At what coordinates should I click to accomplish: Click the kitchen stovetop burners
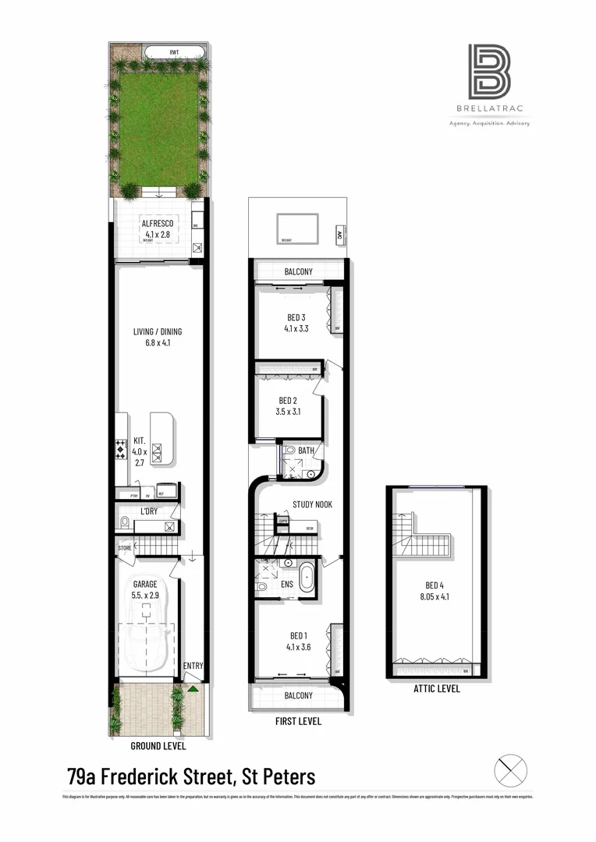(121, 450)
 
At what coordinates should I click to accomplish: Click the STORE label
(125, 547)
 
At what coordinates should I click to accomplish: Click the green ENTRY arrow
(192, 688)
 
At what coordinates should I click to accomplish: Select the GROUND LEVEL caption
(158, 746)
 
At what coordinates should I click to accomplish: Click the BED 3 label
(295, 317)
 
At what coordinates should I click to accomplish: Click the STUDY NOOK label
(312, 504)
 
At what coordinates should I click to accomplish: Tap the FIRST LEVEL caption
(296, 721)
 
